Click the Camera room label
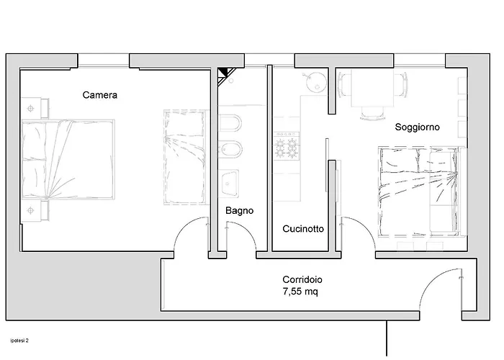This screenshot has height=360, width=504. (100, 94)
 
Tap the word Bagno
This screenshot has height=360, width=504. (238, 211)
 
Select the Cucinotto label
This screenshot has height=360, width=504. (302, 229)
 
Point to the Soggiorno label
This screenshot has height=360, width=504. (418, 127)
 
